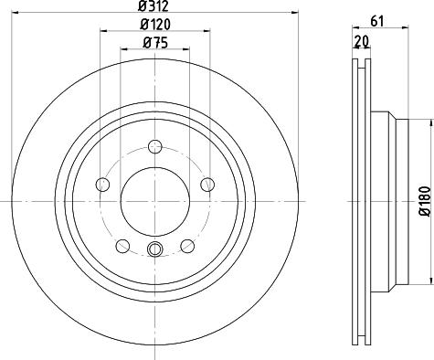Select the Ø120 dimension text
155,25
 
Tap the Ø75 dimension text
155,43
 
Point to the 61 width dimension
377,22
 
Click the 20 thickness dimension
362,41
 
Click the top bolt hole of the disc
155,146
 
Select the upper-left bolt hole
102,185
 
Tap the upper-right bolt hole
207,185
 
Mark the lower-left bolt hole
123,246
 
